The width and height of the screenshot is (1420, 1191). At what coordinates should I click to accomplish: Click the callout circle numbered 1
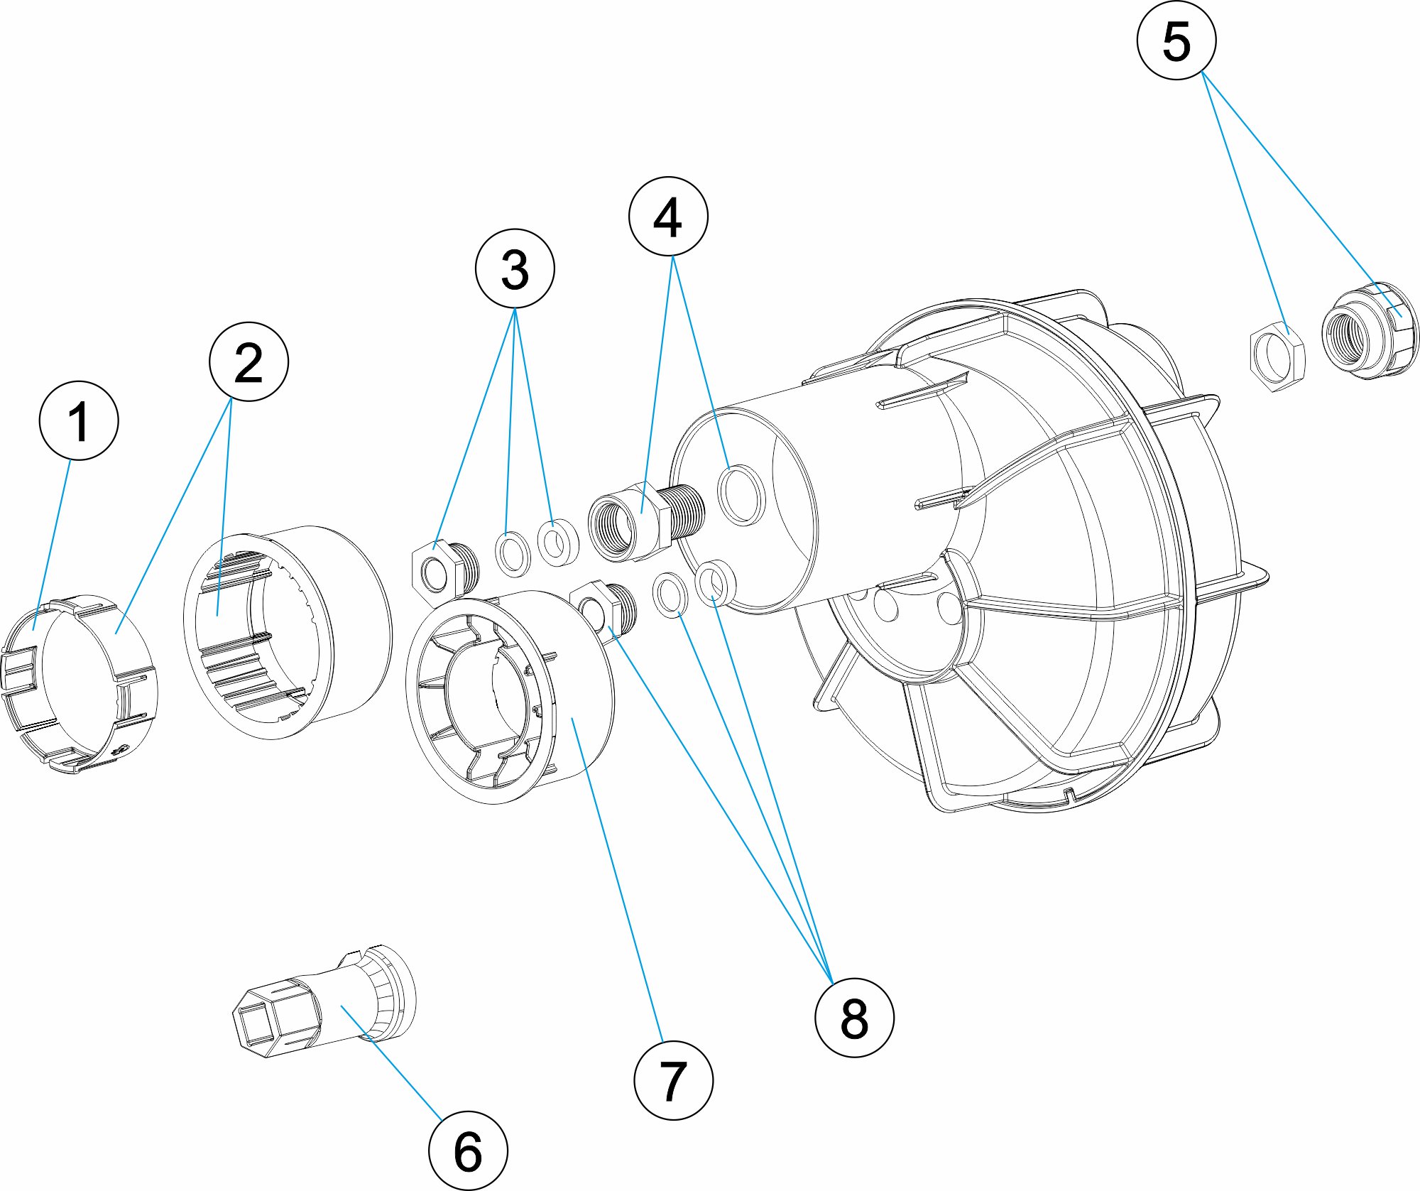(x=78, y=420)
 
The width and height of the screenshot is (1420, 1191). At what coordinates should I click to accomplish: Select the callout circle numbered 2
(x=248, y=361)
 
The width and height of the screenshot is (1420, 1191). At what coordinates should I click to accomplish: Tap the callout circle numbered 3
(x=515, y=268)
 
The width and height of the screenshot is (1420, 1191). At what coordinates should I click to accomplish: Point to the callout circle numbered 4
(x=668, y=216)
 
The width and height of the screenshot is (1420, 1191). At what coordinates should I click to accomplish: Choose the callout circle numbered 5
(x=1176, y=40)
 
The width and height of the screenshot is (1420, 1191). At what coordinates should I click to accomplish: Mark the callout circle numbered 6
(x=468, y=1150)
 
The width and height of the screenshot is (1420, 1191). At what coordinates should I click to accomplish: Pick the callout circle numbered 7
(x=673, y=1080)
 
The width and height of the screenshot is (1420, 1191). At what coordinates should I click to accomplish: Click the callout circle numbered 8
(x=854, y=1017)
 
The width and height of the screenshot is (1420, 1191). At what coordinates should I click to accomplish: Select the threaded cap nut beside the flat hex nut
(x=1368, y=330)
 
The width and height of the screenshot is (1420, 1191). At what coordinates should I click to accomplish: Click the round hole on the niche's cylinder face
(x=741, y=495)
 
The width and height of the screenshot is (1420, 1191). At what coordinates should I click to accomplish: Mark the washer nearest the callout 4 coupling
(x=558, y=543)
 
